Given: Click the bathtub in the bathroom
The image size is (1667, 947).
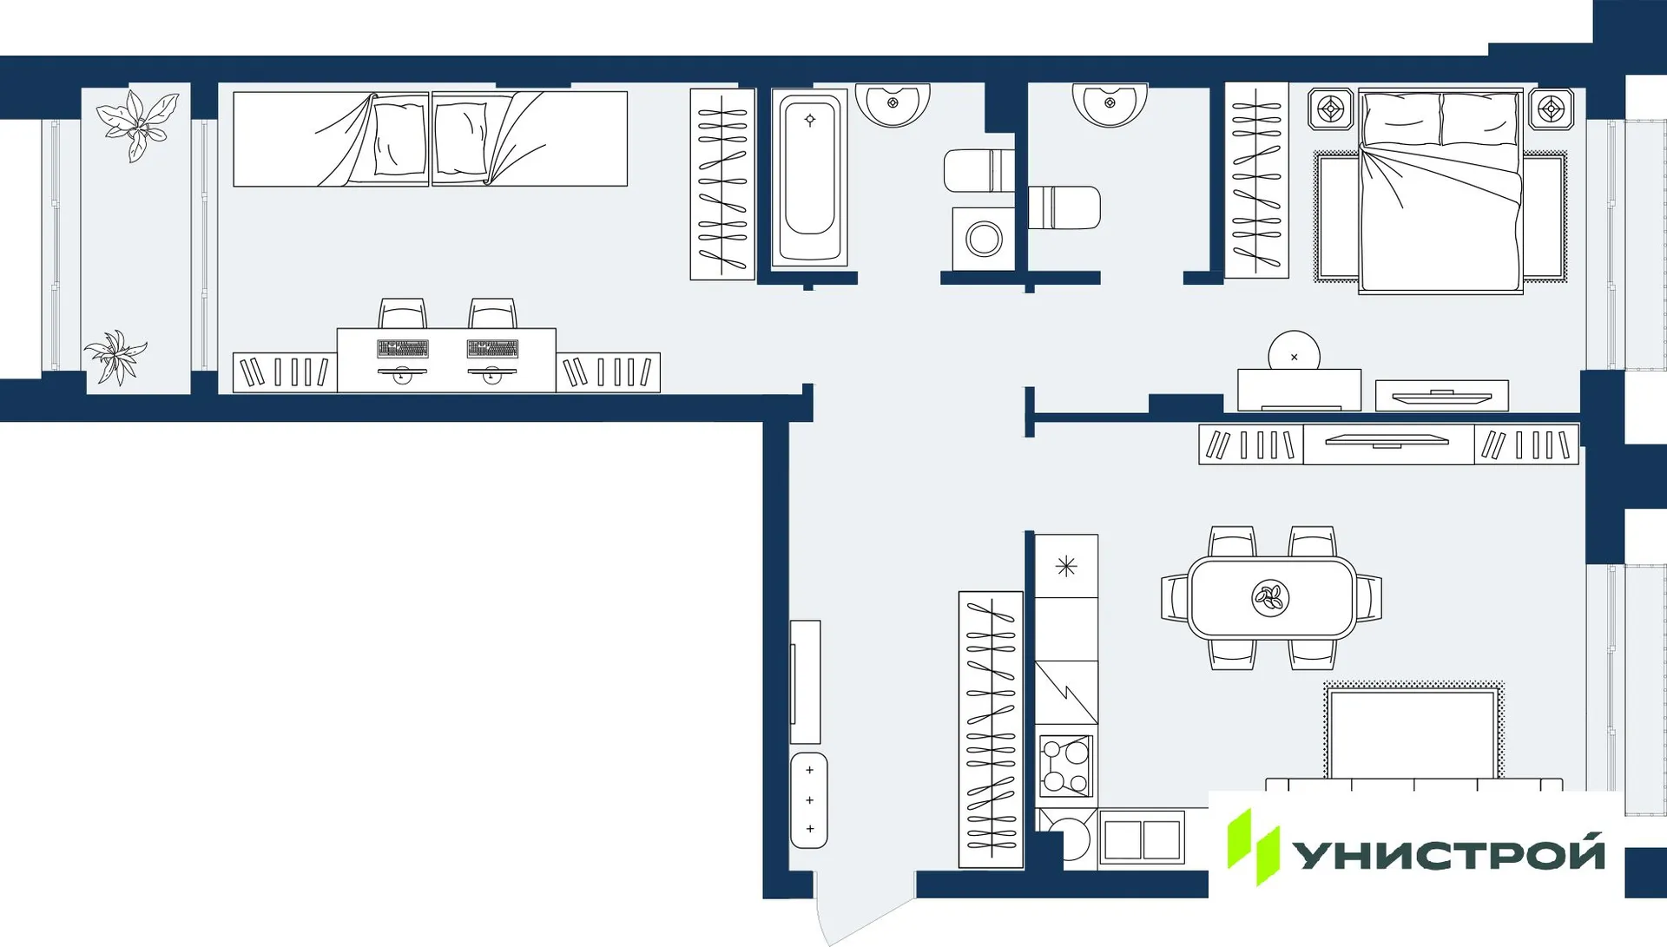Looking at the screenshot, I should (x=809, y=179).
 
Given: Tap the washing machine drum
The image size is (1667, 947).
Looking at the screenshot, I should (x=984, y=239).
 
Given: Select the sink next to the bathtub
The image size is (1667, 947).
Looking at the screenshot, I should (x=893, y=103).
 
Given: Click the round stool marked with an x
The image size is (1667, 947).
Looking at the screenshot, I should (x=1294, y=354).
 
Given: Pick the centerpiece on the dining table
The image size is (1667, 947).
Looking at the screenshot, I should (x=1270, y=597).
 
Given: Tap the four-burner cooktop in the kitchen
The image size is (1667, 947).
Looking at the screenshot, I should (x=1066, y=766).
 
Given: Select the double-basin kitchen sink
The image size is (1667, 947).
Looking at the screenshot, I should (x=1142, y=839).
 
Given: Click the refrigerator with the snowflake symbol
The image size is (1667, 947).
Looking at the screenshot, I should (x=1066, y=566).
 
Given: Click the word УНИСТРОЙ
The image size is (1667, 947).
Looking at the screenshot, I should (x=1448, y=854).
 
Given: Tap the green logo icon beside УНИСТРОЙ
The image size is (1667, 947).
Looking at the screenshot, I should (x=1252, y=846).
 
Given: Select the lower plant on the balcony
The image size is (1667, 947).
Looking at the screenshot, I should (x=116, y=356).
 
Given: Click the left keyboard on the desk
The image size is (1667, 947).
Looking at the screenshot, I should (x=402, y=349).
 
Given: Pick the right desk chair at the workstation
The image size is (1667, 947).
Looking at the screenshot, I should (x=493, y=313).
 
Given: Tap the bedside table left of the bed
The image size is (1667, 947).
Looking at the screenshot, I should (x=1330, y=109).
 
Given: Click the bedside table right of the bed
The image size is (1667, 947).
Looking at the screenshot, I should (x=1551, y=109).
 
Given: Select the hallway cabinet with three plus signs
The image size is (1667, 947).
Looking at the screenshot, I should (x=809, y=800).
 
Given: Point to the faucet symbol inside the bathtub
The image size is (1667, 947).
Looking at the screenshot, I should (x=810, y=120).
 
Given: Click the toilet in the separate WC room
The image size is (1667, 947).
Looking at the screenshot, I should (x=1064, y=208).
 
